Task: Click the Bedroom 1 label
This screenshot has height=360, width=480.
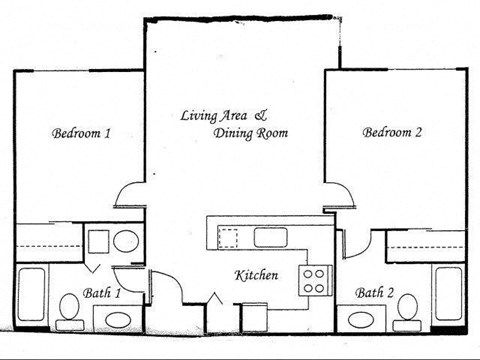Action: (81, 133)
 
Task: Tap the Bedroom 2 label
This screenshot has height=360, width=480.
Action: (392, 132)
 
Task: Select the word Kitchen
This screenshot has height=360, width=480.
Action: (256, 275)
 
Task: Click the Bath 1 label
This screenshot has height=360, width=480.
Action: (102, 293)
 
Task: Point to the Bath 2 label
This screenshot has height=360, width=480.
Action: (374, 293)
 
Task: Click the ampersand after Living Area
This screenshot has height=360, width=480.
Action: (261, 115)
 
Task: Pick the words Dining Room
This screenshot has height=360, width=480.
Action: (251, 133)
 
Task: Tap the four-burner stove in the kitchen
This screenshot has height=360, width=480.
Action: (315, 280)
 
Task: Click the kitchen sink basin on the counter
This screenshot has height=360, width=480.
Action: (270, 237)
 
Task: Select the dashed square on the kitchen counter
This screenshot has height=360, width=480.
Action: (228, 238)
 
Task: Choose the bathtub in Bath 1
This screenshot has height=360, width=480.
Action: (31, 295)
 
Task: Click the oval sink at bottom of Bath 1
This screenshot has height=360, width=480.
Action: (119, 320)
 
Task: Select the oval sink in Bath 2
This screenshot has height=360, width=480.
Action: (361, 320)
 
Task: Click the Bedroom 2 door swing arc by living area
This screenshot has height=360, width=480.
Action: (347, 189)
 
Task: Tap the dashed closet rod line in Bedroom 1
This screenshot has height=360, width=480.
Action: (49, 246)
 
